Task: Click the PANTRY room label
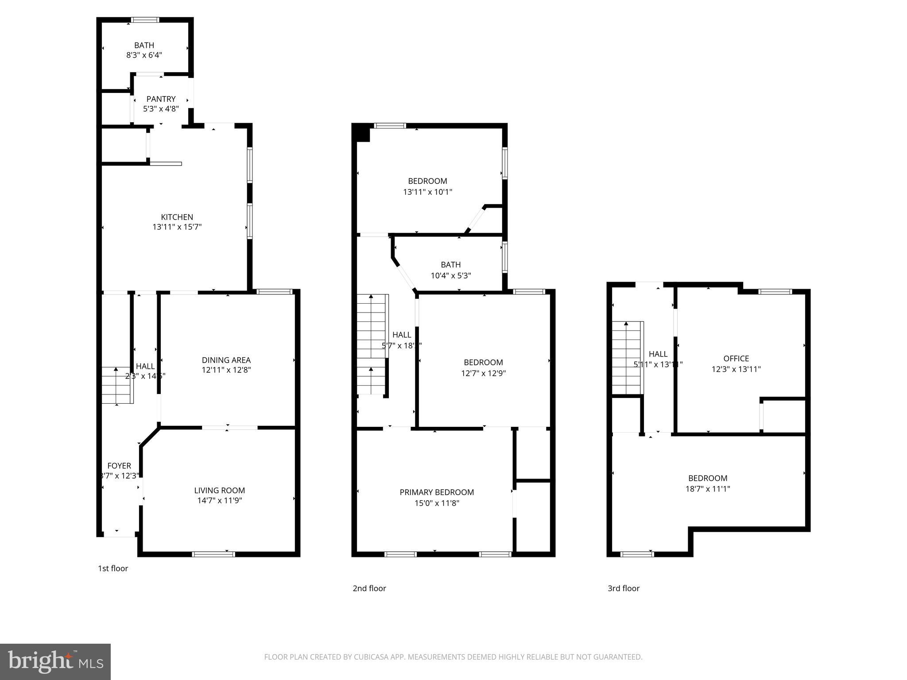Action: pyautogui.click(x=161, y=99)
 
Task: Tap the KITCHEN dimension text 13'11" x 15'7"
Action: pyautogui.click(x=177, y=227)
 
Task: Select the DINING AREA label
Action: pyautogui.click(x=226, y=360)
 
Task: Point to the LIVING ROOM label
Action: pyautogui.click(x=219, y=490)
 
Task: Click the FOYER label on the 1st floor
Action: pyautogui.click(x=119, y=466)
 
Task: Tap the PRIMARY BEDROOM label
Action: pyautogui.click(x=437, y=492)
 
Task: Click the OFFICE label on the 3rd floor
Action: pyautogui.click(x=736, y=359)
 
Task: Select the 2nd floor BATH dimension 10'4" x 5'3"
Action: pyautogui.click(x=450, y=275)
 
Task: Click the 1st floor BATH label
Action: pyautogui.click(x=144, y=45)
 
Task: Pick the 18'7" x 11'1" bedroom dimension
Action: pyautogui.click(x=707, y=489)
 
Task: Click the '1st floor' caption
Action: pyautogui.click(x=113, y=568)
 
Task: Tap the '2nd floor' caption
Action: pyautogui.click(x=369, y=588)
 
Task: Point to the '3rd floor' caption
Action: pyautogui.click(x=623, y=588)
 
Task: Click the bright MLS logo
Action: pyautogui.click(x=55, y=661)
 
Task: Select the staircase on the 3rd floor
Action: pyautogui.click(x=627, y=359)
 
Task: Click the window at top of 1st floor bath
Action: pyautogui.click(x=145, y=19)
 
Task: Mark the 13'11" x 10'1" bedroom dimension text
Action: pyautogui.click(x=427, y=192)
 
